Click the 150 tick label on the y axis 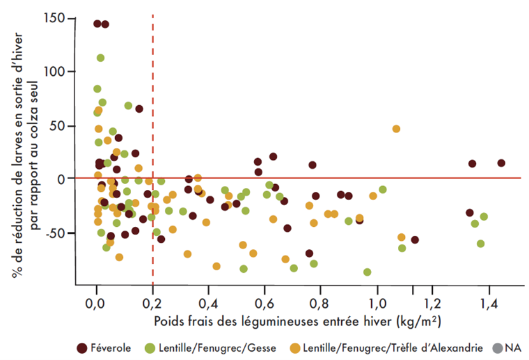[56, 18]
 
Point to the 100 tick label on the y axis [56, 71]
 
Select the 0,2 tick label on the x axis [153, 300]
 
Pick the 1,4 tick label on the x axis [490, 300]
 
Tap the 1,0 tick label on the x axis [378, 300]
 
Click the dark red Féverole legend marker [81, 347]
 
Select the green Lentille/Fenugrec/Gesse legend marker [149, 347]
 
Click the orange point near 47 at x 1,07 [396, 129]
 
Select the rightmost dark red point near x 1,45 [501, 163]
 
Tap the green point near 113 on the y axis [101, 58]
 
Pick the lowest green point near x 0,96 [367, 272]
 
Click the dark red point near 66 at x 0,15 [139, 108]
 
